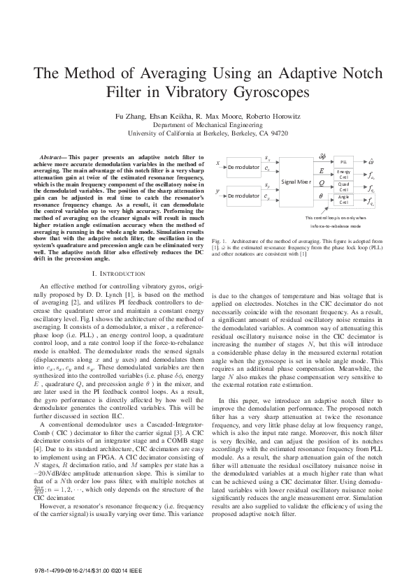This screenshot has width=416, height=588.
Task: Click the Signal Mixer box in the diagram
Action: [x=296, y=182]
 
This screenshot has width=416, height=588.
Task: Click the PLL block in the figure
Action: [x=343, y=161]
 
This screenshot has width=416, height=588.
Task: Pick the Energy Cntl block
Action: [x=343, y=173]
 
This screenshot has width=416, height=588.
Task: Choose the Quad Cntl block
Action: [x=343, y=186]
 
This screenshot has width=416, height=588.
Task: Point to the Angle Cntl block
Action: [x=343, y=200]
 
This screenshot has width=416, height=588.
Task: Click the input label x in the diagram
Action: [x=219, y=165]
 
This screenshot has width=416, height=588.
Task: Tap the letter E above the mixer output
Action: [x=321, y=170]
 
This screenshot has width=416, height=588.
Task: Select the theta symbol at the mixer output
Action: [x=321, y=196]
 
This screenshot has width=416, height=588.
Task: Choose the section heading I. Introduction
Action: [x=103, y=273]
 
